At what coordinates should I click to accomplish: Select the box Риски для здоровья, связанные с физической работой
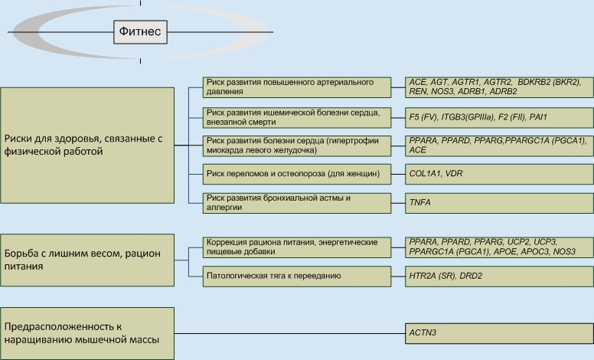click(x=87, y=145)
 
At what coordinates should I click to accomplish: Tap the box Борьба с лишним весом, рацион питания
click(x=87, y=260)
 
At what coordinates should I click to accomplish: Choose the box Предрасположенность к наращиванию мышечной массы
click(x=87, y=333)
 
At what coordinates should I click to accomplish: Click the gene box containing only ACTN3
click(x=498, y=333)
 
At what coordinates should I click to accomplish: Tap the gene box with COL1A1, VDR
click(x=498, y=174)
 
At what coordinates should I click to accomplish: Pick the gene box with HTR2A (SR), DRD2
click(x=498, y=275)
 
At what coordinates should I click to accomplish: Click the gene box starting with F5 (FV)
click(x=498, y=117)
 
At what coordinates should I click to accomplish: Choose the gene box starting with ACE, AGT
click(x=498, y=87)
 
